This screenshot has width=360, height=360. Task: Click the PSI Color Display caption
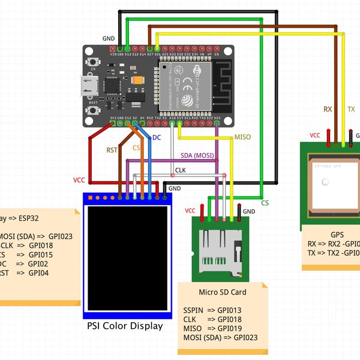[125, 326]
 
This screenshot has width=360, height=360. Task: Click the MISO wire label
[242, 137]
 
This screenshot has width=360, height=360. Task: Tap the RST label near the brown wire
[112, 150]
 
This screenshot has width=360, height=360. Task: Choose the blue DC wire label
[157, 138]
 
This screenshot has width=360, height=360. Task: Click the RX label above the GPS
[328, 109]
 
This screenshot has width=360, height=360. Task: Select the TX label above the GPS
[352, 109]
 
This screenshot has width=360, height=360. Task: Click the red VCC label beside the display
[79, 180]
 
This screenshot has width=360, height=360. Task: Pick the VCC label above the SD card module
[190, 211]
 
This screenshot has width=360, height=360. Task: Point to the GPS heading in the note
[337, 235]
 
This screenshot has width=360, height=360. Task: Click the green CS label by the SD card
[265, 203]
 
